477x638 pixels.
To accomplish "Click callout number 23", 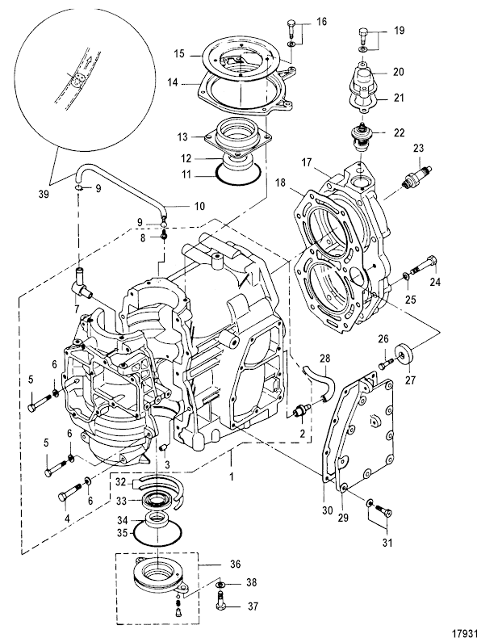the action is (419, 148).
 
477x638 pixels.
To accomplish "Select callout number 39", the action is (44, 194).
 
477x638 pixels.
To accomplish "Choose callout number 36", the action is (235, 564).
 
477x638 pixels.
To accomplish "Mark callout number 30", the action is (328, 510).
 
